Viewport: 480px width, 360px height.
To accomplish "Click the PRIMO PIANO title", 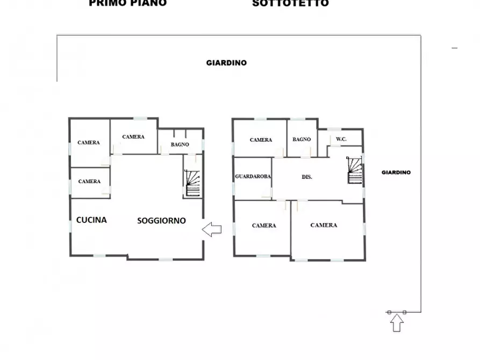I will click(x=127, y=3).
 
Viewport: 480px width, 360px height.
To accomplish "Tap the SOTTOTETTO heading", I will click(x=290, y=3).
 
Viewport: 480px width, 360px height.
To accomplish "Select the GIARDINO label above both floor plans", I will click(x=226, y=63).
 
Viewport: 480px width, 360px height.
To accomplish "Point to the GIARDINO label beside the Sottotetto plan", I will click(x=396, y=172).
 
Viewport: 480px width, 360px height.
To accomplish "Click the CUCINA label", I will click(x=91, y=220).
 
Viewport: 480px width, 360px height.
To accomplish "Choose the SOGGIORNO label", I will click(x=161, y=220).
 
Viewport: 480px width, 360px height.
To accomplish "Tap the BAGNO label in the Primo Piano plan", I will click(x=180, y=145).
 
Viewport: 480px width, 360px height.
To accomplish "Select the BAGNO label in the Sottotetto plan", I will click(x=302, y=140).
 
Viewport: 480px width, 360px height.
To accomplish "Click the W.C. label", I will click(x=341, y=140).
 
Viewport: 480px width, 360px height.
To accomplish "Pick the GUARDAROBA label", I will click(x=253, y=176).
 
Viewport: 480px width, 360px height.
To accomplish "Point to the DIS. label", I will click(x=307, y=177).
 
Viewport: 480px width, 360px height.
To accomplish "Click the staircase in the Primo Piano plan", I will click(x=193, y=183).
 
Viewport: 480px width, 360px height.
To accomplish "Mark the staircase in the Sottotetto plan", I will click(x=354, y=170).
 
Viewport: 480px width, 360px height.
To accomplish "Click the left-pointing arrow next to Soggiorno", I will click(x=212, y=230).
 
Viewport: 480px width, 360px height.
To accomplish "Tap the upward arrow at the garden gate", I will click(x=397, y=323).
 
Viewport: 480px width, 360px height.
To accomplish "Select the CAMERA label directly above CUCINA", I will click(x=89, y=182).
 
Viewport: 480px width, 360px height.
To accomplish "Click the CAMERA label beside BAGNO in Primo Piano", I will click(x=133, y=137).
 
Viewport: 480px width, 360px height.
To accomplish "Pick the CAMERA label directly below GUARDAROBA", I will click(x=264, y=226).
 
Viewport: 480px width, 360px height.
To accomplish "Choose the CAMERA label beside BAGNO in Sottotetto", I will click(x=261, y=140).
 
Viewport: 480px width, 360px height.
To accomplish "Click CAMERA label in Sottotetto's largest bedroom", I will click(x=324, y=225).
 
